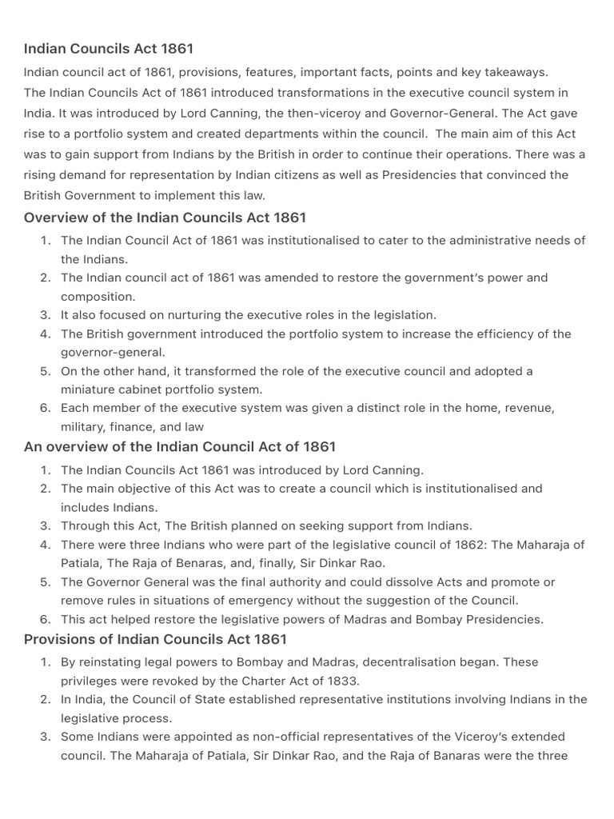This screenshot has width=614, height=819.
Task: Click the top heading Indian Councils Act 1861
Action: point(109,49)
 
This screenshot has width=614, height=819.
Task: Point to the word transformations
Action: point(295,93)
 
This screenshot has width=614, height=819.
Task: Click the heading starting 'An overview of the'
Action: point(180,446)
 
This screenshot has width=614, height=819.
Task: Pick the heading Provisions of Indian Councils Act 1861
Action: point(155,639)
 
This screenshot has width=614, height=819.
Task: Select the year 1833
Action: point(342,681)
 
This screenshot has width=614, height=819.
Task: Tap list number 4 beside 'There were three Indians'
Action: point(46,545)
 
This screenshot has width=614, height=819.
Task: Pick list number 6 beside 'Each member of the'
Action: point(46,408)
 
